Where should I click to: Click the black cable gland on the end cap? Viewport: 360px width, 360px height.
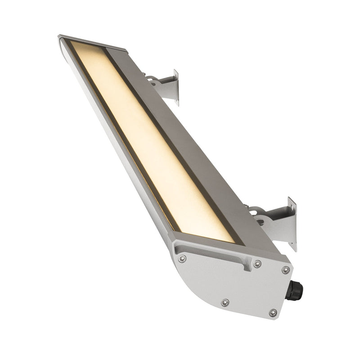(x=294, y=291)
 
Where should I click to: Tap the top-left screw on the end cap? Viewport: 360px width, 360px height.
(x=182, y=258)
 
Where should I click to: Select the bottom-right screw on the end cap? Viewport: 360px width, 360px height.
(x=273, y=312)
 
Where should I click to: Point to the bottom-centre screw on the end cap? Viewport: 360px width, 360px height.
(x=225, y=302)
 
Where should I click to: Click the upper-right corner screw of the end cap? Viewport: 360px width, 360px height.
(x=285, y=270)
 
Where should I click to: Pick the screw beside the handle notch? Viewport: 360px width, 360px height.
(x=257, y=264)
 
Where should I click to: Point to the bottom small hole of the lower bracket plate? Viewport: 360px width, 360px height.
(x=293, y=243)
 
